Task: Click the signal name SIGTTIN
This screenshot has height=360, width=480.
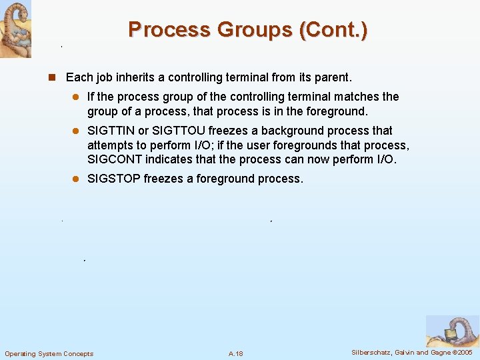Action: (x=111, y=131)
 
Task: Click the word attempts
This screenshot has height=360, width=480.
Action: (x=110, y=145)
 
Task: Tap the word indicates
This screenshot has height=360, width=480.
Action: (x=169, y=159)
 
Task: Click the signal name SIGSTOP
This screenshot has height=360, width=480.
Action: (x=114, y=179)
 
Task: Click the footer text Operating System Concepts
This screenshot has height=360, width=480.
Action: (x=49, y=353)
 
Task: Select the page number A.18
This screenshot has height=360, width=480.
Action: (x=235, y=353)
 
